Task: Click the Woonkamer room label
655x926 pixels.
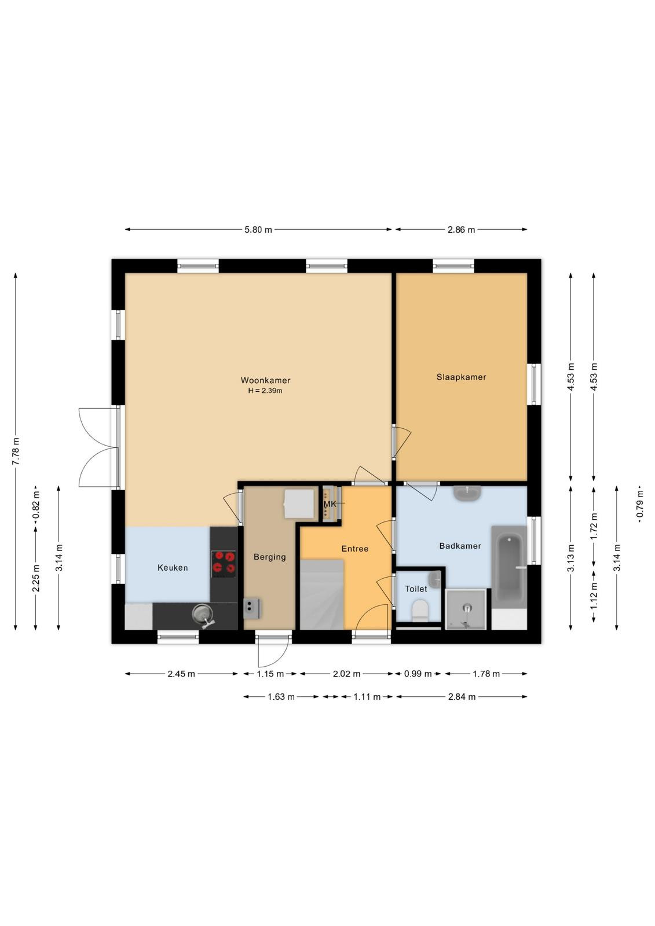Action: click(265, 380)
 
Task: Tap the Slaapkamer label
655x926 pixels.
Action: click(461, 377)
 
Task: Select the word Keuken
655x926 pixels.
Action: click(173, 568)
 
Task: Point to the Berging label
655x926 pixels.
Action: click(269, 557)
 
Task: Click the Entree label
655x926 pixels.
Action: click(354, 549)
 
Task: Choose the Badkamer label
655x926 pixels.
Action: click(460, 546)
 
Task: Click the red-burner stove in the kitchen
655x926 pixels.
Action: click(224, 564)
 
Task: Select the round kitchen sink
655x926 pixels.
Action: click(203, 614)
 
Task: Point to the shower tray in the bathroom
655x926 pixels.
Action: click(466, 609)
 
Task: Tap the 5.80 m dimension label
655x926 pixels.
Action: click(258, 230)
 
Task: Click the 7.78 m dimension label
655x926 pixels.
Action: click(16, 451)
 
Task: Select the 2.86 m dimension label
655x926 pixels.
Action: click(461, 230)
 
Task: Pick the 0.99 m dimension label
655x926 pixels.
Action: click(418, 674)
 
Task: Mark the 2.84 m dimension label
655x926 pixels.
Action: click(462, 697)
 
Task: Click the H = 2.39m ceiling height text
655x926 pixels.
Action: click(265, 391)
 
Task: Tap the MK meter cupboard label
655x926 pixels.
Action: click(330, 504)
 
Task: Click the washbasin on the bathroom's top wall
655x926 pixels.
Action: click(467, 493)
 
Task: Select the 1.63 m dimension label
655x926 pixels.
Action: click(281, 697)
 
